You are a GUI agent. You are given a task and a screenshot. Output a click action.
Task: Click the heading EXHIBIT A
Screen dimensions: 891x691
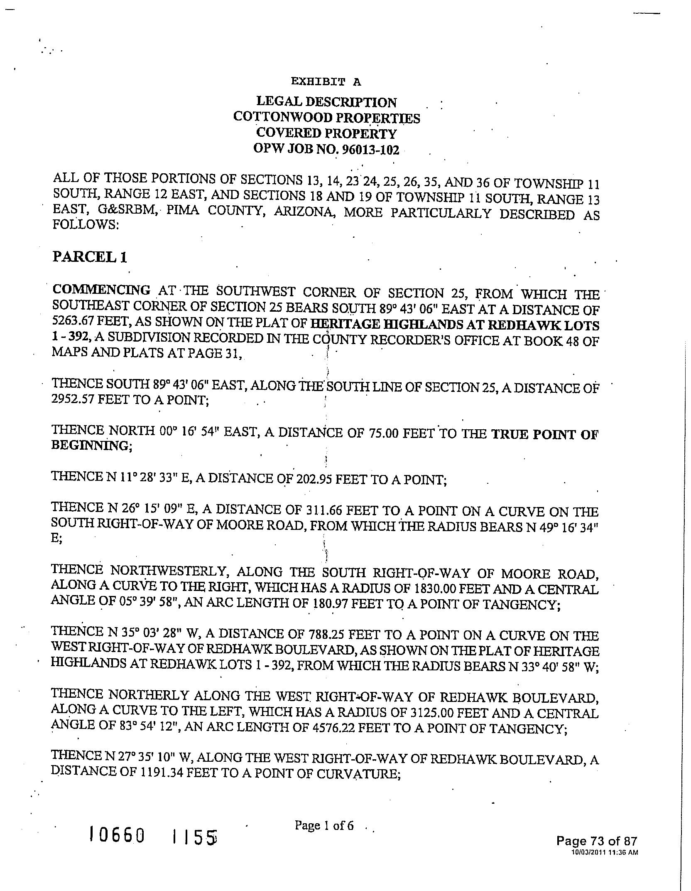point(326,81)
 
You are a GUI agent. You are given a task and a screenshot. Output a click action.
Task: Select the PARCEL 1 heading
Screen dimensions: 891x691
point(89,257)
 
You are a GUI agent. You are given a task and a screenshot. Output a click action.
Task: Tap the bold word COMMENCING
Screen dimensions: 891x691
point(101,290)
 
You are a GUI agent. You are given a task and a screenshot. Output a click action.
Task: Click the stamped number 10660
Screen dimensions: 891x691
point(118,834)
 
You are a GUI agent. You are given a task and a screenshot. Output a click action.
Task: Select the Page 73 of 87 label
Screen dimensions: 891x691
point(596,841)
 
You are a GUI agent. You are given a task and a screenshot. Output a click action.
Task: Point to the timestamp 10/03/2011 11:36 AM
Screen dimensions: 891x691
point(604,852)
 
